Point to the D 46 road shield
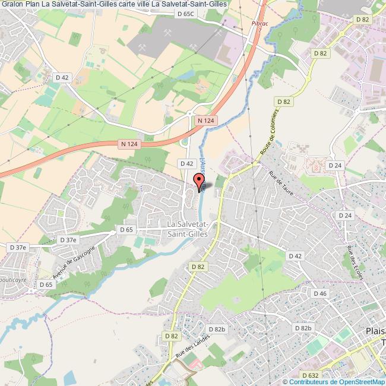click(320, 293)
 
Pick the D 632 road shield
click(310, 375)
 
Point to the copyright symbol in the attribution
click(285, 381)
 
